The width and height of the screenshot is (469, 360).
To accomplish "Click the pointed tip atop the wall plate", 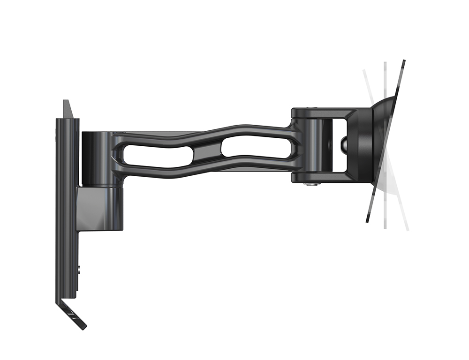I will [67, 104].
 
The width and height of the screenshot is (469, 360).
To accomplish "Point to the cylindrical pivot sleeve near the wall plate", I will [100, 157].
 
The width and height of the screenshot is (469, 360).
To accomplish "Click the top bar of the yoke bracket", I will [324, 113].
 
